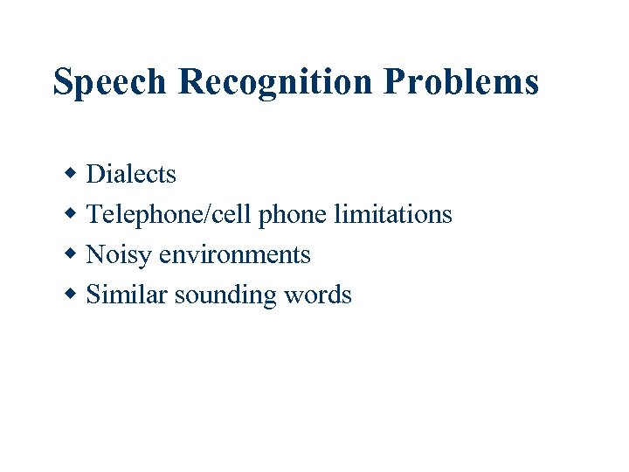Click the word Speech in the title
pyautogui.click(x=109, y=82)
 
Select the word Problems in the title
pyautogui.click(x=461, y=82)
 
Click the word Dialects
pyautogui.click(x=131, y=175)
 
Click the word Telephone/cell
pyautogui.click(x=170, y=215)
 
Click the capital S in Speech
pyautogui.click(x=63, y=82)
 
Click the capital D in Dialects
pyautogui.click(x=95, y=175)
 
